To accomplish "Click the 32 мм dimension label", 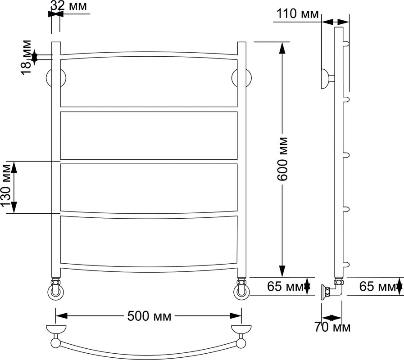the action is tap(68, 5).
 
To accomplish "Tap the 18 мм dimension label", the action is tap(26, 57).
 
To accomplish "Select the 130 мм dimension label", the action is tap(6, 186).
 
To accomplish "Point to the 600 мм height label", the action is tap(282, 159).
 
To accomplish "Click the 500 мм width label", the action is tap(149, 316).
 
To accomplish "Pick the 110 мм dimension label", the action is tap(298, 13).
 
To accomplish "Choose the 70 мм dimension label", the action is tap(332, 327).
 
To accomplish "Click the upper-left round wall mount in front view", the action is tap(56, 78).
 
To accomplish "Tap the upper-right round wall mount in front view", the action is tap(242, 78).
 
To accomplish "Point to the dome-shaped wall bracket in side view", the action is tap(325, 79).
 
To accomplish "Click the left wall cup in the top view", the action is tap(56, 329).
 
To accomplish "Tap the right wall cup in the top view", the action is tap(241, 329).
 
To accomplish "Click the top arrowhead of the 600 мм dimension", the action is tap(283, 48).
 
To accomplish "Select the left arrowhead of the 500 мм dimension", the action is tap(62, 316).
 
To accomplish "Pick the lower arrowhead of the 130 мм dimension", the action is tap(14, 207).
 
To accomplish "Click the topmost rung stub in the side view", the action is tap(346, 44).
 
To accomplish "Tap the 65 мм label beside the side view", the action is tap(378, 286).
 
